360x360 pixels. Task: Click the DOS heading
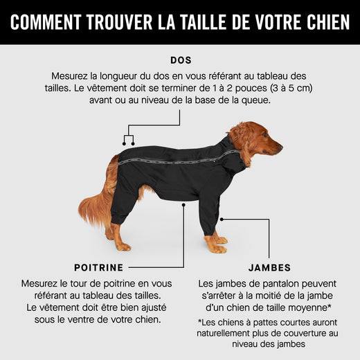click(181, 60)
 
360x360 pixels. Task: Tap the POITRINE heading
click(99, 268)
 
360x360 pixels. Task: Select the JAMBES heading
click(269, 268)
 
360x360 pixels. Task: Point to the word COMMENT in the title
click(46, 22)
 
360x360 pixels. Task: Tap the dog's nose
click(280, 147)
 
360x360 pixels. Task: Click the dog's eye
click(265, 135)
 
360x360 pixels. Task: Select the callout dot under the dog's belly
click(183, 205)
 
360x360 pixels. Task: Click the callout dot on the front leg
click(222, 219)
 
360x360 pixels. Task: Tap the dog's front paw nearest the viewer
click(219, 249)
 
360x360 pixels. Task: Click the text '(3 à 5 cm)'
click(292, 88)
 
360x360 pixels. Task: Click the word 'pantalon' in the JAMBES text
click(264, 284)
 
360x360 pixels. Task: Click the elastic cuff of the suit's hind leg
click(119, 219)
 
